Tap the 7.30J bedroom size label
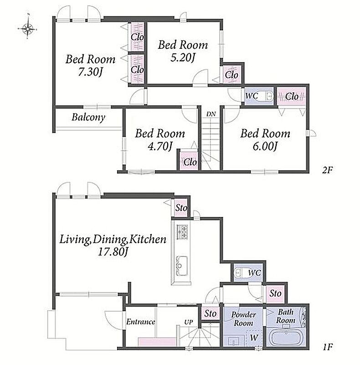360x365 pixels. pos(90,73)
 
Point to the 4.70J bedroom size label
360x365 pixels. pos(160,146)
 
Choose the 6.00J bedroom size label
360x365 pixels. pos(265,146)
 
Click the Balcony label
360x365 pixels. pos(88,117)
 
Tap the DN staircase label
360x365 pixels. pos(211,114)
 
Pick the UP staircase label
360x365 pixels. pos(188,323)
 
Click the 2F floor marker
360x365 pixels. pos(327,171)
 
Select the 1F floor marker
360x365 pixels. pos(328,347)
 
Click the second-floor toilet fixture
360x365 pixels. pos(265,96)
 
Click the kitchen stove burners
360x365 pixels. pos(182,232)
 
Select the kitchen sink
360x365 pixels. pos(182,266)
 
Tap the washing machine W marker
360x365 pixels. pos(254,337)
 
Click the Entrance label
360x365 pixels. pos(140,322)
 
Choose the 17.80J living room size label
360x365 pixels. pos(113,252)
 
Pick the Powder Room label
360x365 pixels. pos(243,319)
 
